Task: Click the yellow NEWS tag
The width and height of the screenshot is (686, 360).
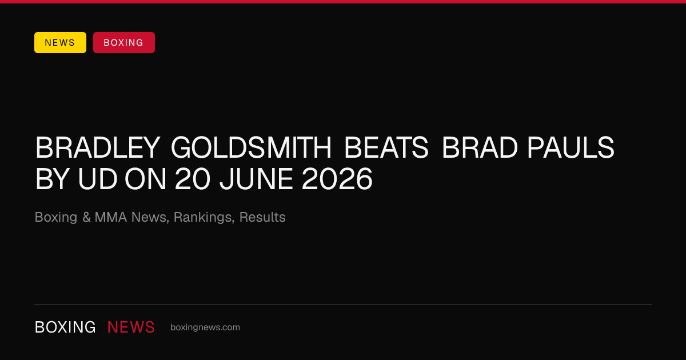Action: [x=60, y=42]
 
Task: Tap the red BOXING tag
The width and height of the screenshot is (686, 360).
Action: [x=124, y=42]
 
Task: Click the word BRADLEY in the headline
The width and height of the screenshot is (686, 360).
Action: [x=98, y=148]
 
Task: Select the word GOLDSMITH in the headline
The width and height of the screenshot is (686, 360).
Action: [x=251, y=148]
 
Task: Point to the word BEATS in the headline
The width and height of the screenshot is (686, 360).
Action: [x=386, y=148]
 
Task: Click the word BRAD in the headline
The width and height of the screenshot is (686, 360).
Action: [x=480, y=148]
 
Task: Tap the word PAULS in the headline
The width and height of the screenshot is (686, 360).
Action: [x=571, y=148]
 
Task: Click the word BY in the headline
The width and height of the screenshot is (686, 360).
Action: [x=52, y=179]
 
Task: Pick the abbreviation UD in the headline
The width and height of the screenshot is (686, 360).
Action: [x=98, y=179]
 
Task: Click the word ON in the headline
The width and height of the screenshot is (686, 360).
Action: [x=145, y=179]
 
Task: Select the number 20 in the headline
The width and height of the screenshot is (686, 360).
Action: [x=193, y=179]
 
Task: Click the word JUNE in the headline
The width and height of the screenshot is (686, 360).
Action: [x=256, y=179]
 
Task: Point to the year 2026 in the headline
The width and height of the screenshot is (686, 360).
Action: [x=337, y=179]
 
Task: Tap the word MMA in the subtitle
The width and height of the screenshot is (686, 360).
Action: [x=111, y=217]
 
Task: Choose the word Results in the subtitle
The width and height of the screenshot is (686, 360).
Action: [x=262, y=217]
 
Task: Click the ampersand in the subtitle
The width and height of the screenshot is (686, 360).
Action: [x=86, y=217]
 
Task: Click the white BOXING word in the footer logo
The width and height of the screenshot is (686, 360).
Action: [x=65, y=327]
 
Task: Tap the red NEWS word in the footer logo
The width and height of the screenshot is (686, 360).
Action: [x=131, y=327]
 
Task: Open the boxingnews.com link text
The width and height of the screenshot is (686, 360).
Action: [x=205, y=327]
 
